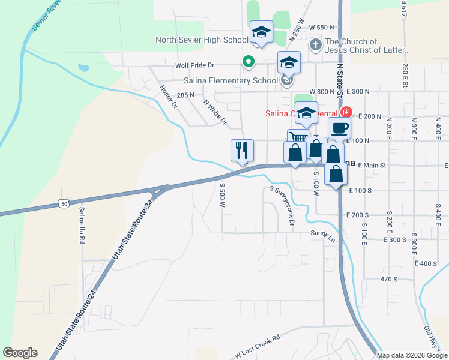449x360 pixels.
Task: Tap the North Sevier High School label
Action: coord(202,40)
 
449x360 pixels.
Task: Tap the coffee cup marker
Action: coord(340,128)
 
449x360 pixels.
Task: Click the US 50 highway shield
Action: coord(64,204)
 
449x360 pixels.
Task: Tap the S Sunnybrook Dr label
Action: coord(284,206)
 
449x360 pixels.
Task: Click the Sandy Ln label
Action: coord(323,235)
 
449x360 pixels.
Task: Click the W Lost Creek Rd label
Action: coord(255,346)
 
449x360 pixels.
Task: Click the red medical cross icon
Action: coord(346,112)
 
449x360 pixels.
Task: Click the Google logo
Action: coord(20,353)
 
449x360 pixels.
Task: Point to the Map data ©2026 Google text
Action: coord(412,355)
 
